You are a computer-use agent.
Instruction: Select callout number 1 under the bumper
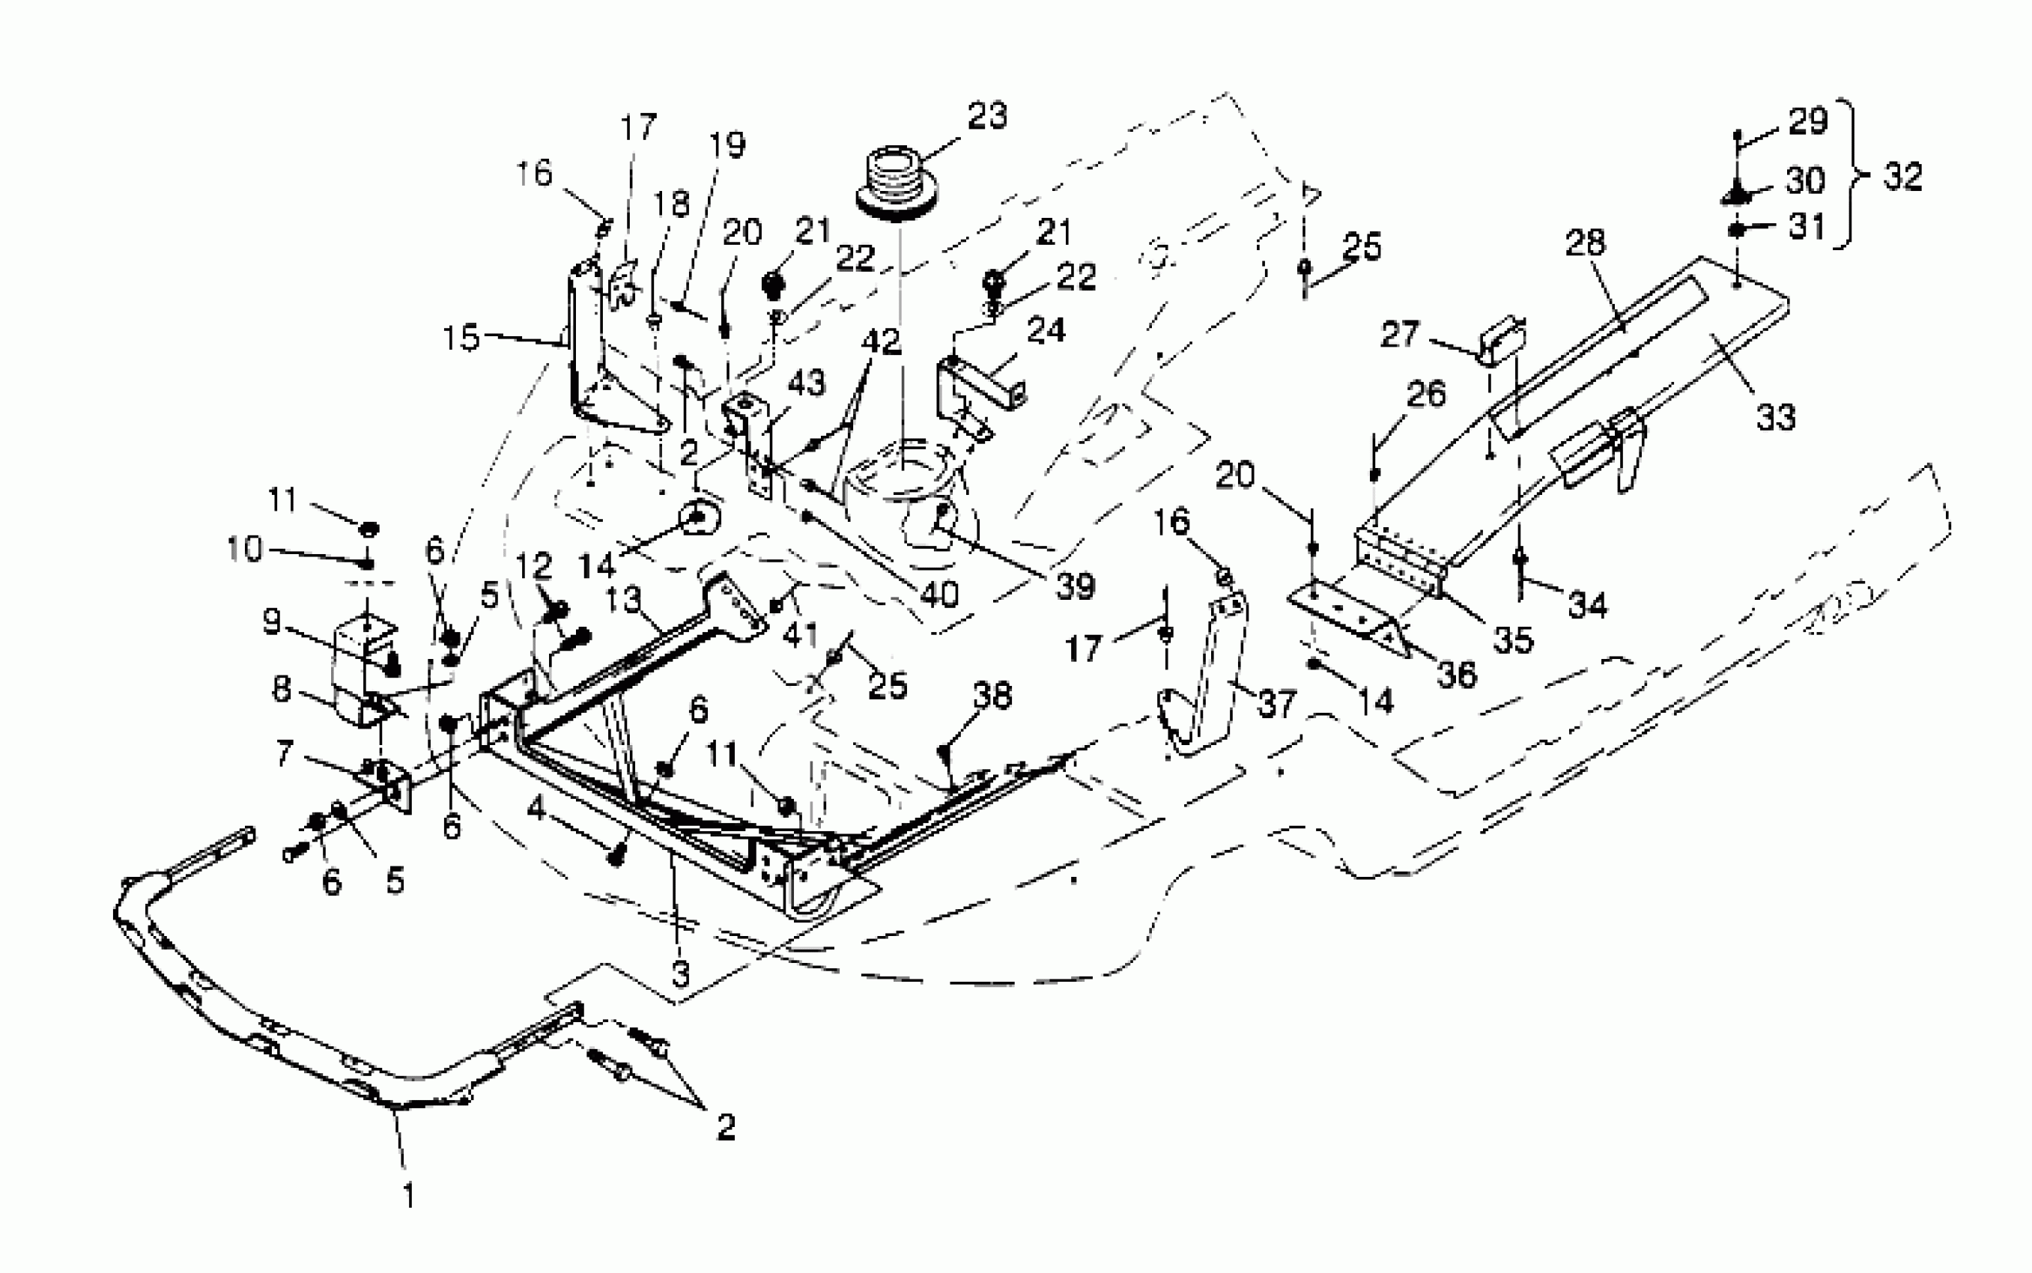[408, 1196]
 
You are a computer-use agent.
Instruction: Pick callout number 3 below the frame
[680, 973]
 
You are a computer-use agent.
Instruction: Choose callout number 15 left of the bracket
[461, 338]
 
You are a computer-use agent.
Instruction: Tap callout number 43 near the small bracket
[806, 383]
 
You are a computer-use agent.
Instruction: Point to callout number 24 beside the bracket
[1046, 331]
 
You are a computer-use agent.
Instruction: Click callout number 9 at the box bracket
[271, 622]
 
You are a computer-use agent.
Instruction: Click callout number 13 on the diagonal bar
[623, 600]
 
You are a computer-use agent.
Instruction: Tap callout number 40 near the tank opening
[939, 595]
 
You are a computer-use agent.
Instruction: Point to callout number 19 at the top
[727, 145]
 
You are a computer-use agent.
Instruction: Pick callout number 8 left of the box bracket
[282, 689]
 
